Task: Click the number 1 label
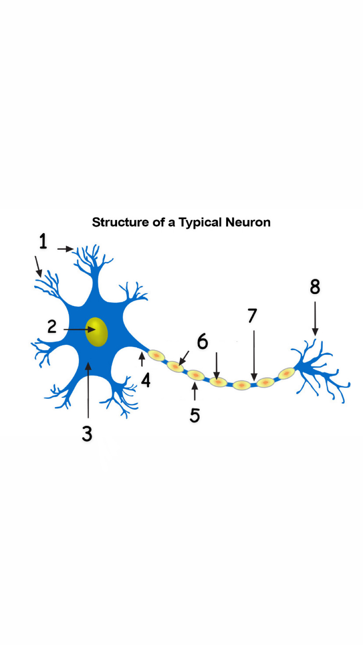coord(43,241)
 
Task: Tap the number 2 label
coord(52,327)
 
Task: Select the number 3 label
coord(87,433)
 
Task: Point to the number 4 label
coord(145,380)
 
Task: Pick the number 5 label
coord(194,415)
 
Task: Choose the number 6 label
coord(202,341)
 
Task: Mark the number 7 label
coord(252,316)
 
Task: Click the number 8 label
coord(315,287)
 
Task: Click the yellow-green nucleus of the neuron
coord(97,332)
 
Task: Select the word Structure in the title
coord(121,222)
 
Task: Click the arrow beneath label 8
coord(315,318)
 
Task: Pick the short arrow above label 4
coord(142,359)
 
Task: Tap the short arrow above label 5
coord(195,392)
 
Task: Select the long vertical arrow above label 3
coord(88,391)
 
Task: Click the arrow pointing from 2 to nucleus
coord(79,329)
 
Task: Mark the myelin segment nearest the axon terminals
coord(286,374)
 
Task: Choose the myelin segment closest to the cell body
coord(157,356)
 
